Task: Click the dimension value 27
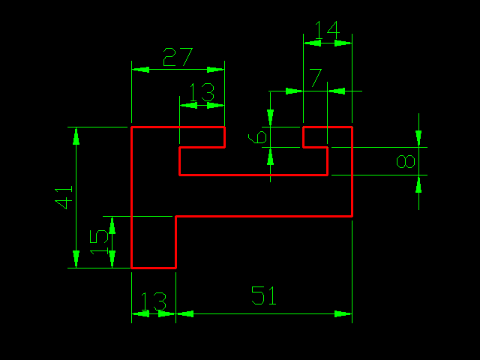point(178,57)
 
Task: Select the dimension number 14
point(328,30)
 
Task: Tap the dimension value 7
point(316,78)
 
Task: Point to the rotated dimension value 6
point(257,137)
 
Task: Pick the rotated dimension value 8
point(406,162)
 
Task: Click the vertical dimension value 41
point(63,197)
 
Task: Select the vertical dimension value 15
point(98,242)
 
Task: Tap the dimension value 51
point(263,295)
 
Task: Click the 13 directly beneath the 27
point(202,92)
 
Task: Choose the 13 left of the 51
point(154,301)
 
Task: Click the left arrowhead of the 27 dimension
point(141,70)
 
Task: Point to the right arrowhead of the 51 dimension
point(343,313)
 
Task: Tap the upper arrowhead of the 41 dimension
point(76,136)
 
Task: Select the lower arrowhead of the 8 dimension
point(418,184)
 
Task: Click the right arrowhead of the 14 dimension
point(343,43)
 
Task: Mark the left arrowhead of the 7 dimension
point(294,91)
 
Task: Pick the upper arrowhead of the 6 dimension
point(270,118)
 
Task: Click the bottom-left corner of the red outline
point(132,268)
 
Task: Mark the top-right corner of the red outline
point(352,127)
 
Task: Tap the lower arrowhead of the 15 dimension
point(112,259)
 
